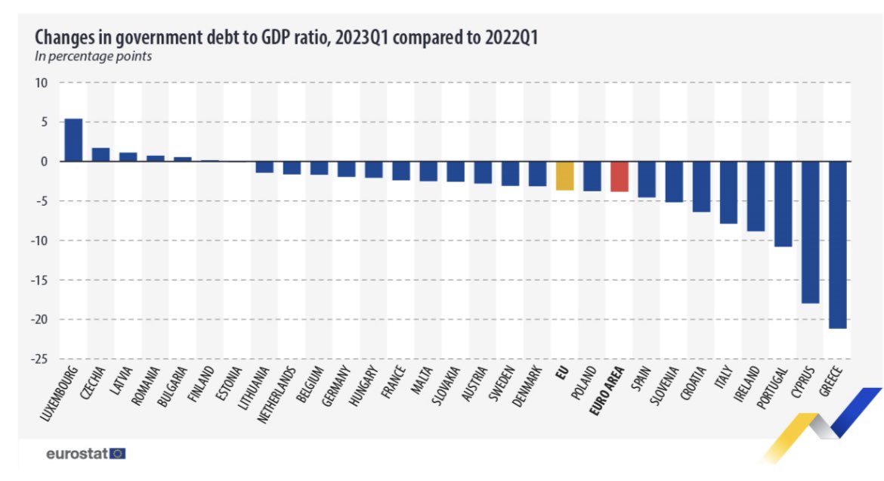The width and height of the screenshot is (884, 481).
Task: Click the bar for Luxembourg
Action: [x=73, y=140]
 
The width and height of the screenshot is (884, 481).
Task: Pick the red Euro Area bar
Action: [x=619, y=176]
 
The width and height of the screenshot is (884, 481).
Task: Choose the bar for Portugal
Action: [x=783, y=204]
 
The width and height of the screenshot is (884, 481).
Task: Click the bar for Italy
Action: [x=728, y=192]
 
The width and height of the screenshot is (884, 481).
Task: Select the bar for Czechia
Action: [x=100, y=154]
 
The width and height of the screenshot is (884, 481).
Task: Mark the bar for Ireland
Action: [x=756, y=196]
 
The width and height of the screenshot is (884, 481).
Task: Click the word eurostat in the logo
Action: [x=76, y=454]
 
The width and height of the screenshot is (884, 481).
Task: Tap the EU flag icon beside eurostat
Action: [x=118, y=454]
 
